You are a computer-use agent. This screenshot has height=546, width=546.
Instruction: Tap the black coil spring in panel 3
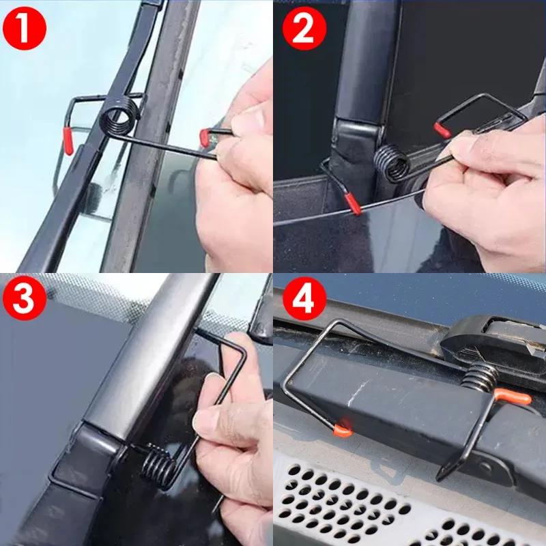click(159, 463)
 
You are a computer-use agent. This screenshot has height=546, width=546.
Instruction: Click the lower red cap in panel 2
click(354, 204)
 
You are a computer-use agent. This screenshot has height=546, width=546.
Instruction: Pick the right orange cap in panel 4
click(513, 395)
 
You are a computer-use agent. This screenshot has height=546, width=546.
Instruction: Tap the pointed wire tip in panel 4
click(440, 478)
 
